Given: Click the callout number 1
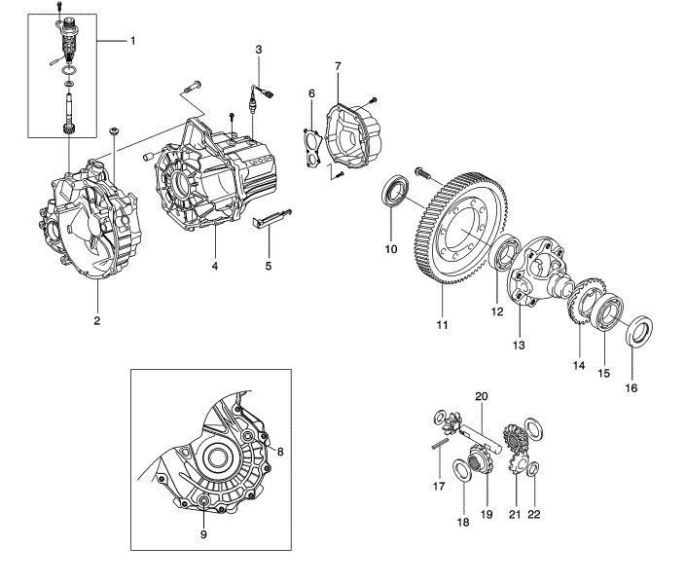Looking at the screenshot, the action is [x=132, y=41].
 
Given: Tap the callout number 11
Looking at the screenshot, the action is [x=442, y=325].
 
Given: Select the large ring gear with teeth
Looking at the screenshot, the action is [x=458, y=229].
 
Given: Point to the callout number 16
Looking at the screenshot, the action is [x=631, y=387].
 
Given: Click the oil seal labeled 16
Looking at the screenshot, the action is [x=640, y=331].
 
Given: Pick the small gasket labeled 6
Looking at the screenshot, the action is [x=312, y=148].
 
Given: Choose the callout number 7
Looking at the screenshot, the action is [x=338, y=66].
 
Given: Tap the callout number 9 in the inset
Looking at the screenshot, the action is [x=203, y=534].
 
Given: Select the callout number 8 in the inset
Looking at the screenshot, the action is [x=280, y=452].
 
